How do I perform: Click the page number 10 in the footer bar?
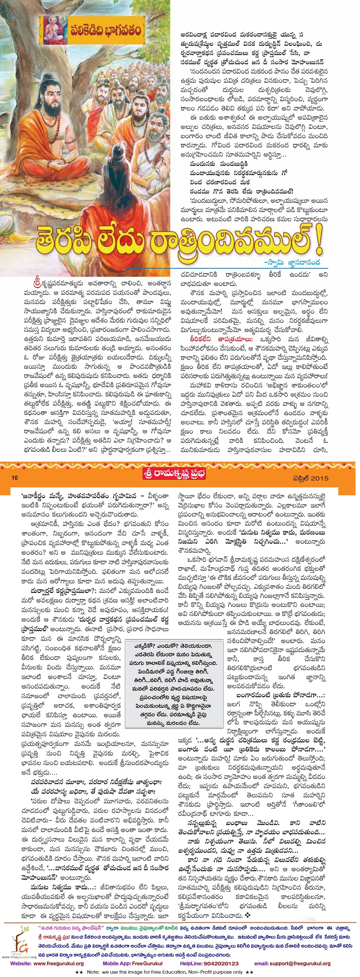pyautogui.click(x=15, y=478)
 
